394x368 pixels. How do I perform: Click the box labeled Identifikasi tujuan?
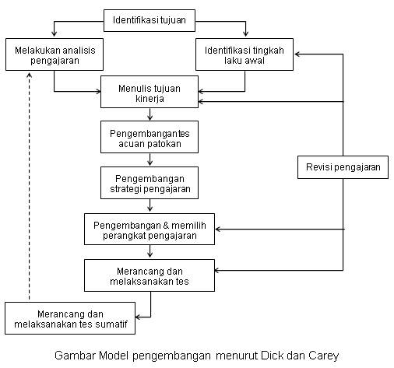tap(150, 20)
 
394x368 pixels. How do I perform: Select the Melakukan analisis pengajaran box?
tap(55, 54)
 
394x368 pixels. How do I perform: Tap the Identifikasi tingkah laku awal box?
tap(244, 54)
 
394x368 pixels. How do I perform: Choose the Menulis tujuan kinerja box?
tap(150, 92)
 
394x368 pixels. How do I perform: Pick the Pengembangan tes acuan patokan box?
tap(150, 137)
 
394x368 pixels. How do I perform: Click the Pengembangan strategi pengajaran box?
tap(150, 183)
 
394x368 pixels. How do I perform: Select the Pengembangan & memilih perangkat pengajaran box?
tap(150, 229)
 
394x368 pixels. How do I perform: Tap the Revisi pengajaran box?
tap(343, 167)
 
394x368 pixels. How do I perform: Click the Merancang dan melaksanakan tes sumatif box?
tap(70, 318)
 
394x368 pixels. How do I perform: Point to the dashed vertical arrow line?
tap(30, 186)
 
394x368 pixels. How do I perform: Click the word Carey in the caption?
tap(324, 356)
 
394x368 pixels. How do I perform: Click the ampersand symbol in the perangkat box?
tap(166, 226)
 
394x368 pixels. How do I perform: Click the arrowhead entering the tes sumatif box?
tap(138, 317)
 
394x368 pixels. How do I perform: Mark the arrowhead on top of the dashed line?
tap(30, 75)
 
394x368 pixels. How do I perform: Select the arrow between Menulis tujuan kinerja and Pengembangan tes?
tap(150, 114)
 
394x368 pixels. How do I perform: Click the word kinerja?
tap(150, 99)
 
